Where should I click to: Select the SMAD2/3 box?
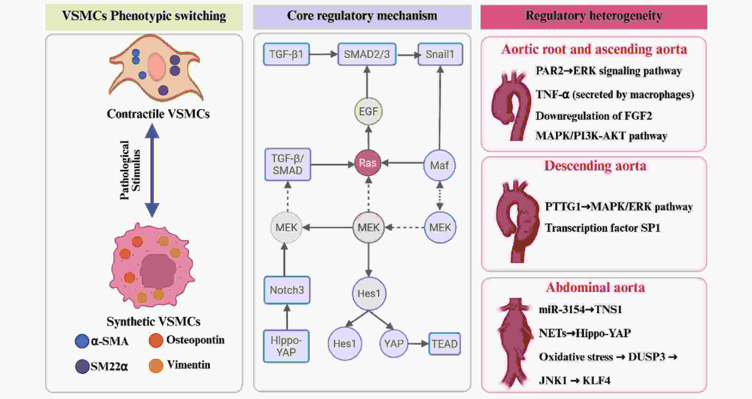click(x=367, y=54)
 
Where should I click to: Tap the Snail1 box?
click(x=440, y=54)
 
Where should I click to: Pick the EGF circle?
click(x=368, y=111)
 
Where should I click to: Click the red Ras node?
click(x=368, y=163)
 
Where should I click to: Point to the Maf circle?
click(x=439, y=165)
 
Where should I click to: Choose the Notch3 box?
click(x=287, y=290)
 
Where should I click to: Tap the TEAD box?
click(x=445, y=344)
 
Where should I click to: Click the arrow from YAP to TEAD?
click(x=418, y=344)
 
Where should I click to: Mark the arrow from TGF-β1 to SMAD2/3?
click(x=323, y=54)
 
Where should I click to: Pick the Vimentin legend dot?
click(x=156, y=366)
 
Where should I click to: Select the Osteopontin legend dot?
click(x=156, y=340)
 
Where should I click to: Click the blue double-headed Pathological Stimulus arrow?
click(x=152, y=170)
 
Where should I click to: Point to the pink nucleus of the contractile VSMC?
click(x=157, y=67)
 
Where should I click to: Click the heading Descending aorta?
click(x=595, y=166)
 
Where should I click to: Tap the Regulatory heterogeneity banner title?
click(x=594, y=16)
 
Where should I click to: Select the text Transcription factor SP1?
click(x=603, y=228)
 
